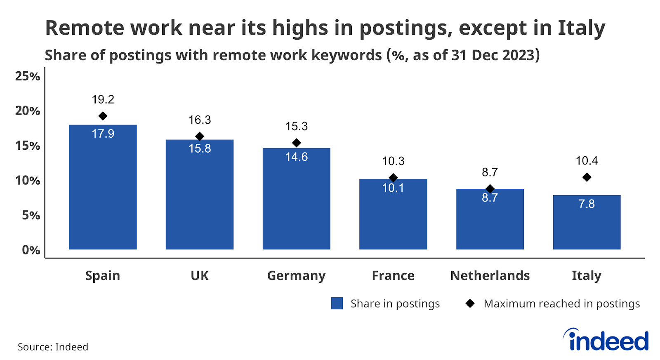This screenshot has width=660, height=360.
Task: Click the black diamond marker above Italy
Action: click(587, 177)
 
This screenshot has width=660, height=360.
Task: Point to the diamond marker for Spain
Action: click(103, 116)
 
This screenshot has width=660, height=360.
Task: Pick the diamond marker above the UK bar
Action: click(200, 136)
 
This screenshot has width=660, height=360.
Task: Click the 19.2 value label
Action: click(103, 99)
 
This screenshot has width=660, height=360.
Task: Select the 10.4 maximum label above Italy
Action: click(587, 160)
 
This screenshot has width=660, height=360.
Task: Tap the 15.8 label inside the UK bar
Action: click(200, 148)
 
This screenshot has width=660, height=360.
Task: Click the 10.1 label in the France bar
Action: click(393, 188)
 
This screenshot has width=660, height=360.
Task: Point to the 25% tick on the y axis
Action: click(28, 76)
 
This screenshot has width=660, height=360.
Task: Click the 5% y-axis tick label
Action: click(31, 215)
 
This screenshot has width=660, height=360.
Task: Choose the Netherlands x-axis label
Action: click(490, 275)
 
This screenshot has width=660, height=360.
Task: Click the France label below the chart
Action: click(393, 275)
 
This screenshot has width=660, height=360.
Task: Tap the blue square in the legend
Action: click(337, 304)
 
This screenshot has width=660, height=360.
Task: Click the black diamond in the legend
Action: click(470, 304)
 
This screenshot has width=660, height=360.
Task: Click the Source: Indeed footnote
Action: click(53, 347)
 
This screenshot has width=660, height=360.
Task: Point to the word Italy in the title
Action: click(581, 28)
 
